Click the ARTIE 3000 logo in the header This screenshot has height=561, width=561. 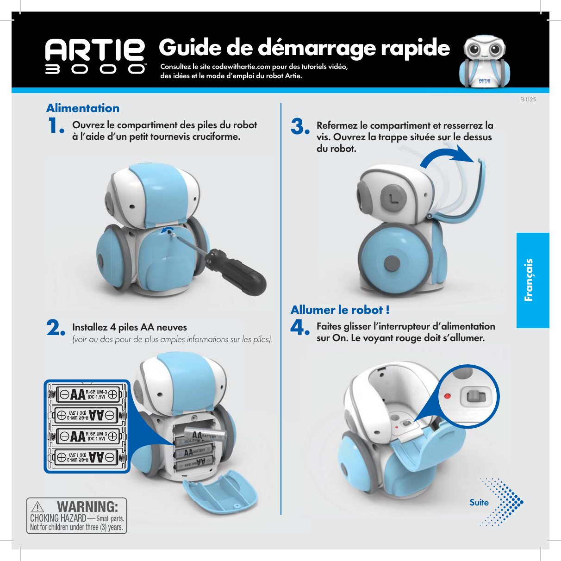(95, 56)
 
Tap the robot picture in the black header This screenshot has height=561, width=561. (485, 61)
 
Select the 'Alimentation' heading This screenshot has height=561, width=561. (83, 108)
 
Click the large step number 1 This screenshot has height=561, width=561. (56, 126)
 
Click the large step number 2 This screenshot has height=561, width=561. (56, 329)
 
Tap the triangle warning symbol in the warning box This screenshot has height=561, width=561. (37, 507)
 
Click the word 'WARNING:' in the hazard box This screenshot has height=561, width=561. (87, 506)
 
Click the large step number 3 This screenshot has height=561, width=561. (300, 127)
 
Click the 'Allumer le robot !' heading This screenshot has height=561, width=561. (340, 310)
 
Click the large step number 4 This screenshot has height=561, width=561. (299, 328)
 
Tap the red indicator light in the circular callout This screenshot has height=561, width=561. (448, 397)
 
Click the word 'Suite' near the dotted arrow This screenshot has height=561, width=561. (479, 503)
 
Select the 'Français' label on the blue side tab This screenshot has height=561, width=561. (529, 280)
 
